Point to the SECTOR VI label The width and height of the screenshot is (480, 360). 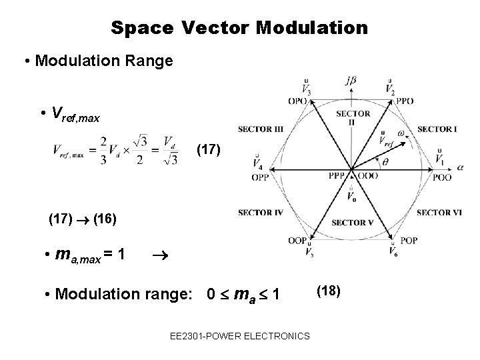pos(439,213)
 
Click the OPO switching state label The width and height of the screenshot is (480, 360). pos(298,101)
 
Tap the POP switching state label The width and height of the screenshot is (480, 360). pos(408,241)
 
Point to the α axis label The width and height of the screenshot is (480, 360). pos(459,168)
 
